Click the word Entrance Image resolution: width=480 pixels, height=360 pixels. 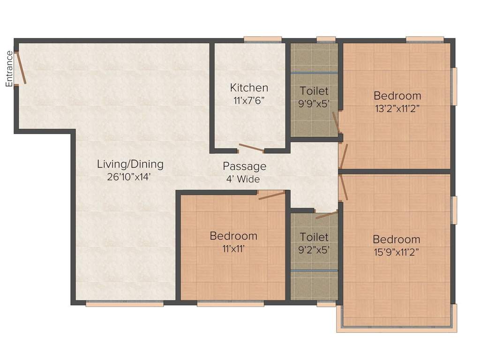pos(9,68)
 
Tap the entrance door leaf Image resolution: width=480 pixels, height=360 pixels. pos(21,68)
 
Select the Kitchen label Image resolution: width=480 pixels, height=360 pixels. pos(249,88)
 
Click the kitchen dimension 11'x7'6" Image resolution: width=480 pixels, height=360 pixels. pos(249,100)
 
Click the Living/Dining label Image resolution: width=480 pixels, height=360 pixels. pos(130,164)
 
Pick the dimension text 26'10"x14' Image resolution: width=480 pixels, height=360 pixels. pos(130,177)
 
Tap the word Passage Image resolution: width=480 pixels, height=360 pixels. pos(244,166)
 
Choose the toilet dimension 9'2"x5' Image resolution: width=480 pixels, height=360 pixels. pos(314,250)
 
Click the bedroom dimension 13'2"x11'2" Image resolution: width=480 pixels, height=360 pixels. pos(397,108)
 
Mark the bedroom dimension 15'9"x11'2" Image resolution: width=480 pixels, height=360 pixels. pos(396,252)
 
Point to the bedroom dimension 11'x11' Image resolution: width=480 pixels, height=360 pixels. pos(233,248)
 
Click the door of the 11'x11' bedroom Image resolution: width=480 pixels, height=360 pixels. pos(272,195)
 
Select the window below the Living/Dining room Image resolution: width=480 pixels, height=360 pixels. pos(125,304)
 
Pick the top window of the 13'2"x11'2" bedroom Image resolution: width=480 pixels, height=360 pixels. pos(424,40)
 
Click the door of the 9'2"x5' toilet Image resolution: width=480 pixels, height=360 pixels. pos(326,215)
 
